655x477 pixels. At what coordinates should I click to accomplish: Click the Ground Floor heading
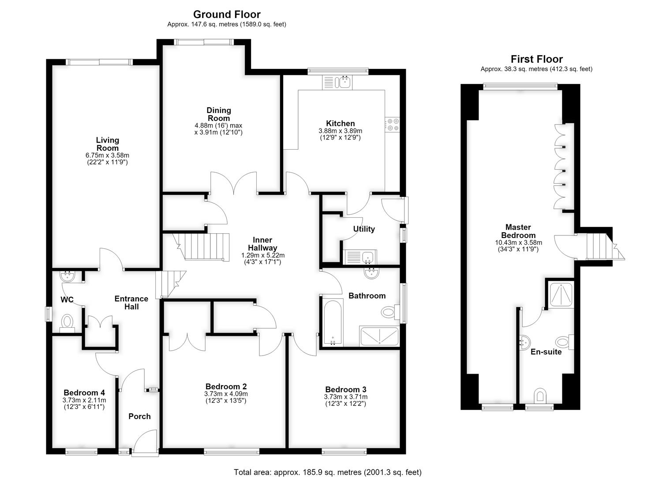coord(227,14)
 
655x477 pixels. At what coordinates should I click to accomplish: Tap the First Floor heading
coord(537,59)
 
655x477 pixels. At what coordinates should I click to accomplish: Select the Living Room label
coord(108,144)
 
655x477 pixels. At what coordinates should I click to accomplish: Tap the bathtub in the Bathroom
coord(333,322)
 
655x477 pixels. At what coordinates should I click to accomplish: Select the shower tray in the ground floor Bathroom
coord(380,336)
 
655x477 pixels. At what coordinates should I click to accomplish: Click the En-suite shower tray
coord(561,295)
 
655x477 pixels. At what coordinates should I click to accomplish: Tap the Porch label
coord(139,416)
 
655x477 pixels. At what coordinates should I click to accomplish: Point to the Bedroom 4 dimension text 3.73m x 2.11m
coord(84,400)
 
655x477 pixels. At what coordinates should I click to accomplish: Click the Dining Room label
coord(219,114)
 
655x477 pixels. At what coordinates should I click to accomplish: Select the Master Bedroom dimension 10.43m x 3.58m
coord(518,243)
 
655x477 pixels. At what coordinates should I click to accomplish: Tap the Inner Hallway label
coord(262,244)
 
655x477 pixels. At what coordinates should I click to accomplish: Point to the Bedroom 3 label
coord(346,390)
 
